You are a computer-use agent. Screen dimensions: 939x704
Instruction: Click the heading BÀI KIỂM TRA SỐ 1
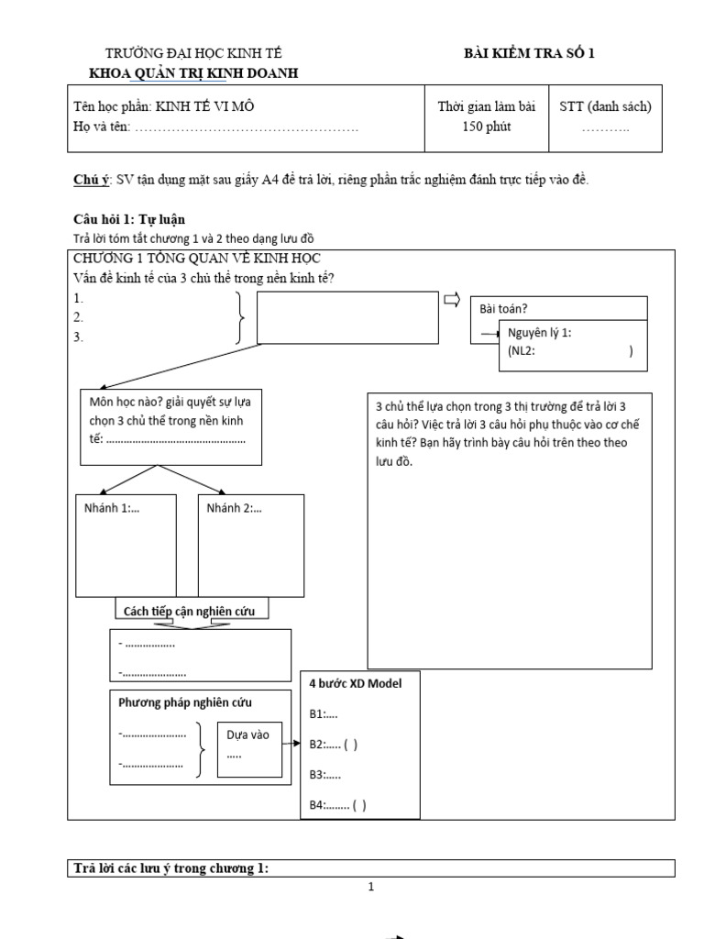point(529,53)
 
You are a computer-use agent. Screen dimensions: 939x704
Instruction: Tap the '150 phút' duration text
point(486,127)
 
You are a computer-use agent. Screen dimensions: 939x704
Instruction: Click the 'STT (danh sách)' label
point(606,106)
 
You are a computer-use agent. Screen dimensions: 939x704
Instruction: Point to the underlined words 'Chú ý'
point(90,179)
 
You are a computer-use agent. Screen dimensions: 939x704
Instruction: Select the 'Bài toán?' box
point(558,309)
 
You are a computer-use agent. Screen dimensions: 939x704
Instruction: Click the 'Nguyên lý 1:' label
point(541,334)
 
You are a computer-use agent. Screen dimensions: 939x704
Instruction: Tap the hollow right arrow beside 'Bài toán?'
point(452,301)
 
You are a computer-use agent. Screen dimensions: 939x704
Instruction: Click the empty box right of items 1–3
point(347,317)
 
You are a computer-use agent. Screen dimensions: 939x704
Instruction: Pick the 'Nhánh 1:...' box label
point(115,508)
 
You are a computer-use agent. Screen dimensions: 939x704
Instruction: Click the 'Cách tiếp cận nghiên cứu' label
point(189,610)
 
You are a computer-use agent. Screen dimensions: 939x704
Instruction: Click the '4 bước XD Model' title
point(355,683)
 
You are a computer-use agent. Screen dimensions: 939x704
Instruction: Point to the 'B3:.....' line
point(325,775)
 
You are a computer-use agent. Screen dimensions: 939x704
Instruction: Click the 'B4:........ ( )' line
point(337,805)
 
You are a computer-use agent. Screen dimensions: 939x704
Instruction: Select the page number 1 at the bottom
point(371,887)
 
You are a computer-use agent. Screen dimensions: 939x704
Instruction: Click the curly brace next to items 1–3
point(240,317)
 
